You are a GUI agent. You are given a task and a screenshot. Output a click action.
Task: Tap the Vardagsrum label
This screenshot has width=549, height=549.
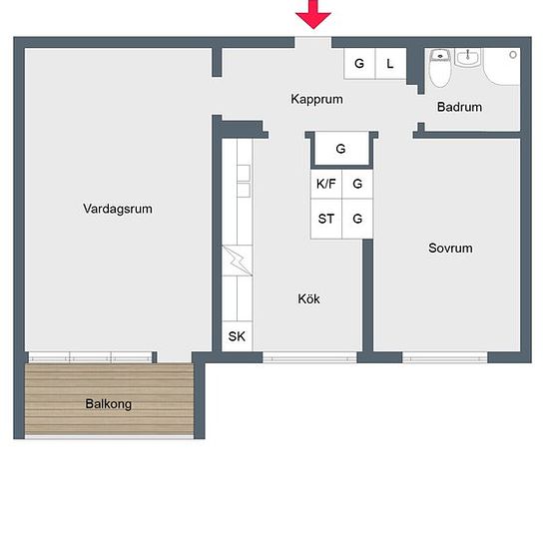click(x=118, y=209)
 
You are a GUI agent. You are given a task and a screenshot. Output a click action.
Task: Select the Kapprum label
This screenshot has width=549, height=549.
click(x=316, y=99)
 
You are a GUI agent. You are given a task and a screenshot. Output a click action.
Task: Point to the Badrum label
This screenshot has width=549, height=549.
click(x=459, y=107)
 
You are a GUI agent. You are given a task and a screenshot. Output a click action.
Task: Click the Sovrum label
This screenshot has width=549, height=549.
click(x=450, y=248)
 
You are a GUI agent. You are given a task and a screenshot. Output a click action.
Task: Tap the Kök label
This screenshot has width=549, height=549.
click(x=308, y=298)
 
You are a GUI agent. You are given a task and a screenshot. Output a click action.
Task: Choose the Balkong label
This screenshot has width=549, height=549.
click(x=109, y=403)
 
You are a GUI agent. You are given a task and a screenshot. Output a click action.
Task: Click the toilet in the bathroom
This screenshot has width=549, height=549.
click(x=440, y=68)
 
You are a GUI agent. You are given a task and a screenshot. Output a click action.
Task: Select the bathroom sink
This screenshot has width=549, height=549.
click(x=468, y=58)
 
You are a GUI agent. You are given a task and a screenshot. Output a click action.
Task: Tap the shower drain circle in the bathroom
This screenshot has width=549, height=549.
click(x=513, y=55)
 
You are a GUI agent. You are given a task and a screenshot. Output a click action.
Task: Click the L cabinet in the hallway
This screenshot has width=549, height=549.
click(x=390, y=64)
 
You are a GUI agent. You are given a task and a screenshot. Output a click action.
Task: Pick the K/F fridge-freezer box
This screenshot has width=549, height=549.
click(x=326, y=184)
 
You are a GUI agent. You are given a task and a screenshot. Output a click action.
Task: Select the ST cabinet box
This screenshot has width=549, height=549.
click(x=326, y=219)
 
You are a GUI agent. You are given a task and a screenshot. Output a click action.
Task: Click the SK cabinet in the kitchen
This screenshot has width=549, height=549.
click(x=237, y=336)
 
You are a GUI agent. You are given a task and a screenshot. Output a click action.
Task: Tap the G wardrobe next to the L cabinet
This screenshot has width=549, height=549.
click(x=359, y=64)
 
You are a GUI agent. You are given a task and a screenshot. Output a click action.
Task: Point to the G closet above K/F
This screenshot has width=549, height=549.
click(x=341, y=149)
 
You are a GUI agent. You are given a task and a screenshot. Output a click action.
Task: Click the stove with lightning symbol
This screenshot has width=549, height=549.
click(x=237, y=261)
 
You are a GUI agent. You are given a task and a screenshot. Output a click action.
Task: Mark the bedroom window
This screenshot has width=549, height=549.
click(x=444, y=357)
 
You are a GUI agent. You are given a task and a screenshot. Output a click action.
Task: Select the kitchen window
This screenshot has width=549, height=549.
click(x=309, y=357)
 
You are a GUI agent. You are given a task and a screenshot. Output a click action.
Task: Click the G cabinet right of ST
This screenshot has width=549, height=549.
click(x=357, y=219)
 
